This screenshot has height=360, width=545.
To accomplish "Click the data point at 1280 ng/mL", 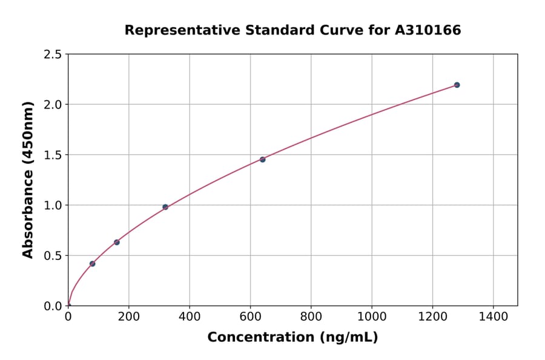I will [457, 85].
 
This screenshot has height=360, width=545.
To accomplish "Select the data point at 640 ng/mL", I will [262, 159].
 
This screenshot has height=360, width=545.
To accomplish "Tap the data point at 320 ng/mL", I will [165, 207].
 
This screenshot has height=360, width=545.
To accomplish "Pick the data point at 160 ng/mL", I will [116, 242].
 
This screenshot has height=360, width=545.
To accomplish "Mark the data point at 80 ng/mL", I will [92, 264].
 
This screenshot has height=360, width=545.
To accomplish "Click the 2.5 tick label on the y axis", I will [53, 55].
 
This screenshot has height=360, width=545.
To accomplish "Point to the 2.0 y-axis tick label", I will [53, 105].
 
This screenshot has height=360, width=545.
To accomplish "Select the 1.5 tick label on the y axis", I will [53, 155].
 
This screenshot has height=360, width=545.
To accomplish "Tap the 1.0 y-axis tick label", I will [53, 205].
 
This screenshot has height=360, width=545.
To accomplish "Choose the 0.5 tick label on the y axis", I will [53, 256].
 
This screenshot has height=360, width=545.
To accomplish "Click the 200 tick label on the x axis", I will [128, 316].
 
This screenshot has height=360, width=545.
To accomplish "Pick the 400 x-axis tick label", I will [190, 316].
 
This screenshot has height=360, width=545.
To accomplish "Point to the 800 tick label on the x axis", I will [311, 316].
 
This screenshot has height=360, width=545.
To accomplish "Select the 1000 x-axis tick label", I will [372, 316].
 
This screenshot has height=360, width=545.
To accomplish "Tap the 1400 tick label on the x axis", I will [494, 316].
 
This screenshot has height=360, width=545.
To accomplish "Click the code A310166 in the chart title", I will [428, 30].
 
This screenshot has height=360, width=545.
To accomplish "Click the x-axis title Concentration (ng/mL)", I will [292, 338].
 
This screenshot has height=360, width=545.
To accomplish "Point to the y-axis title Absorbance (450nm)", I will [28, 180].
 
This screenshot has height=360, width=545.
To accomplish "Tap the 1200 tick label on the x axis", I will [432, 316].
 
